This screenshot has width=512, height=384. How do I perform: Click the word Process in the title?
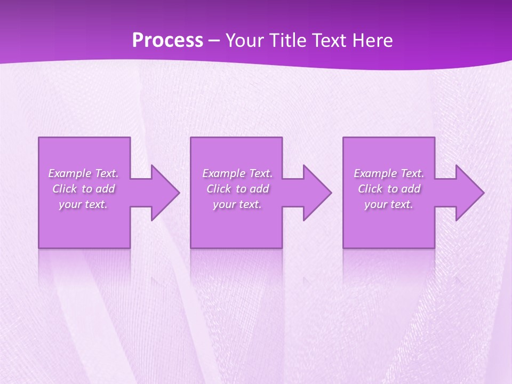[x=167, y=41]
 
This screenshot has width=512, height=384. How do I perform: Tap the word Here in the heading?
[x=373, y=41]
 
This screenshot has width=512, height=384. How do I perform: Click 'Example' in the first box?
[x=70, y=173]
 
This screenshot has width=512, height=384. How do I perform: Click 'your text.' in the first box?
[x=83, y=204]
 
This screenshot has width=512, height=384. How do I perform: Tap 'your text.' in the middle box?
[x=237, y=204]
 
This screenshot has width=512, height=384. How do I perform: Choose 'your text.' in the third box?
[x=388, y=204]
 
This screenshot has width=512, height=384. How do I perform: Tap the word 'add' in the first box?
[x=105, y=189]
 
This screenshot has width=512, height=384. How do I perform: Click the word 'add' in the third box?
[x=411, y=189]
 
